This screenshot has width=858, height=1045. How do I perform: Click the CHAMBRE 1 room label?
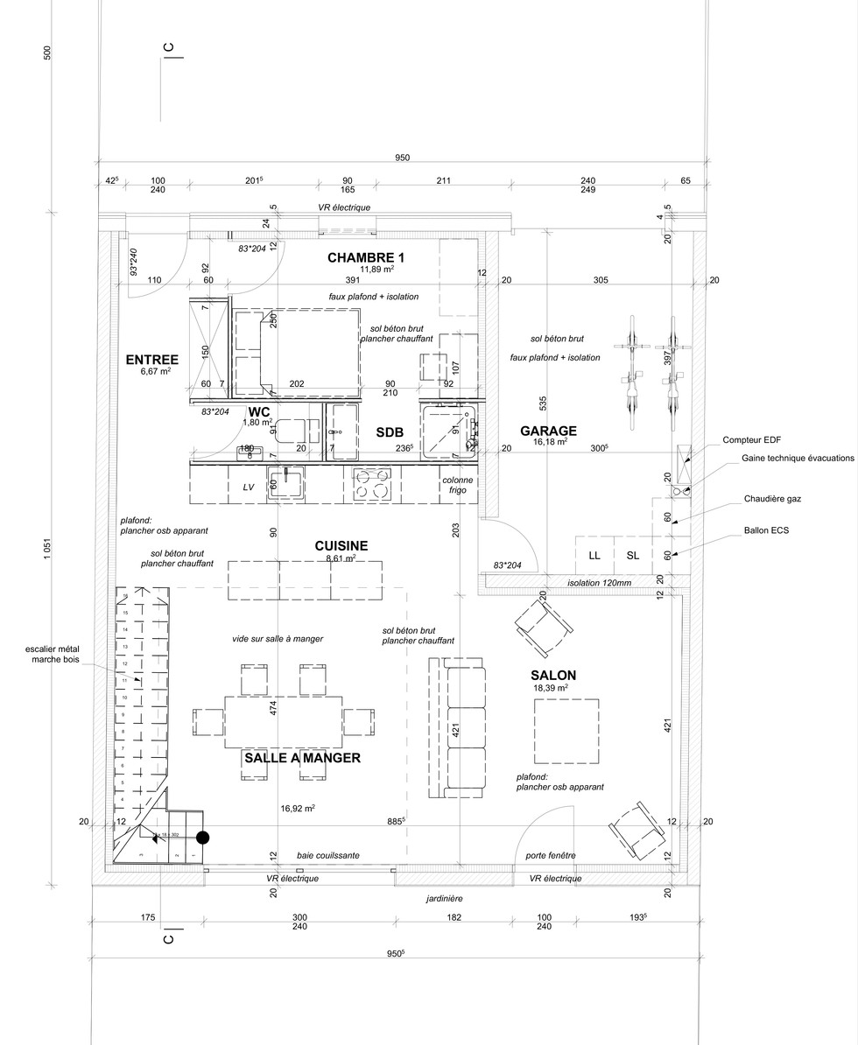click(367, 257)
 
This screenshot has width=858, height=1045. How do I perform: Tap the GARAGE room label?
click(548, 431)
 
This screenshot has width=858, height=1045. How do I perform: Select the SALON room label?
click(553, 675)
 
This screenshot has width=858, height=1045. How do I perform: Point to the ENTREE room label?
click(152, 360)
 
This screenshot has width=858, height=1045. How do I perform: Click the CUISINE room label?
click(341, 545)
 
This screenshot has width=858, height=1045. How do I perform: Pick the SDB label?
click(390, 432)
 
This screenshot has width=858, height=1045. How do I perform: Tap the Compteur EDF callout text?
click(758, 439)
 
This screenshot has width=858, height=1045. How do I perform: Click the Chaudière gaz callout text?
click(772, 499)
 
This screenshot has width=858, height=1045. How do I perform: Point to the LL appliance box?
click(594, 555)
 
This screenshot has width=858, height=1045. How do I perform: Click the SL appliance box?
click(633, 555)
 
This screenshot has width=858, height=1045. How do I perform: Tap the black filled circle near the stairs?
click(203, 838)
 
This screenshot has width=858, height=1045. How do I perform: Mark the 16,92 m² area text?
click(298, 809)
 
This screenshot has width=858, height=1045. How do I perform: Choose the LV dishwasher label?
click(249, 487)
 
